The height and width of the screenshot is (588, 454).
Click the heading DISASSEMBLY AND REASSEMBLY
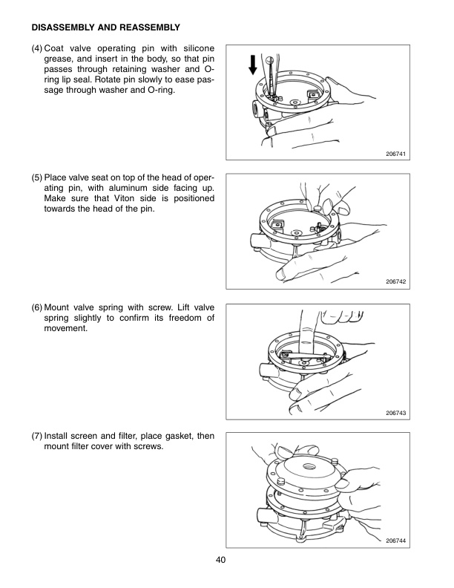tap(105, 28)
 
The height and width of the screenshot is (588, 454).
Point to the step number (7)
tap(37, 436)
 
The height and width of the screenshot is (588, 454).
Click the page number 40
tap(221, 560)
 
